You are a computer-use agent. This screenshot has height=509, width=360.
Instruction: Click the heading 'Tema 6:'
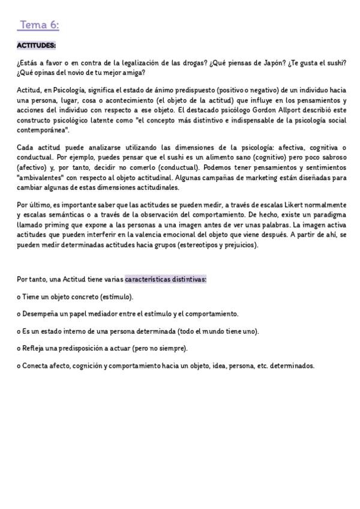[x=39, y=25]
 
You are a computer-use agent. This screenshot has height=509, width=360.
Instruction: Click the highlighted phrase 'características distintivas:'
[x=166, y=279]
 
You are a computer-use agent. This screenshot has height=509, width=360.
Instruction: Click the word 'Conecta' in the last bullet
[x=37, y=365]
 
